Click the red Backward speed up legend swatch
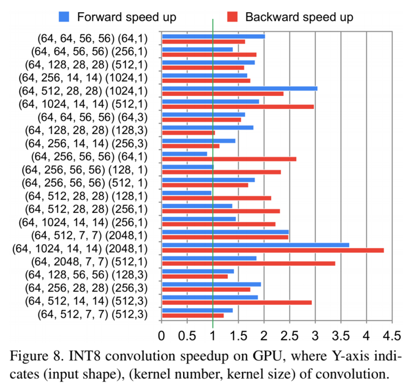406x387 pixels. [x=232, y=16]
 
